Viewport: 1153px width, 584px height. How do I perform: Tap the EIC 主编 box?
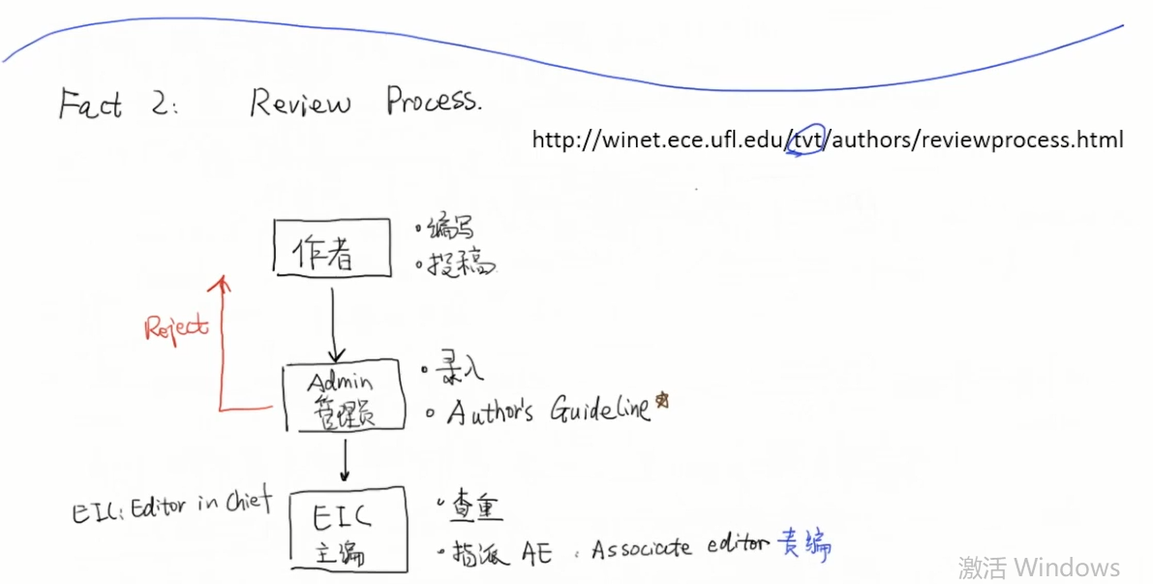[344, 533]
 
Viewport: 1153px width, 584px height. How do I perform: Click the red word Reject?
[176, 327]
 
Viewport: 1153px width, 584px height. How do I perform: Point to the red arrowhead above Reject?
[224, 282]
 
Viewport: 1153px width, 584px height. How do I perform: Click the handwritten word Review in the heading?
[299, 102]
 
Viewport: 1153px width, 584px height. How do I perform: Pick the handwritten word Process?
[433, 101]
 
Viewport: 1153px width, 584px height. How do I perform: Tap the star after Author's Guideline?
[662, 399]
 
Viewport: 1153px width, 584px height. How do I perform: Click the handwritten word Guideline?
[600, 411]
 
